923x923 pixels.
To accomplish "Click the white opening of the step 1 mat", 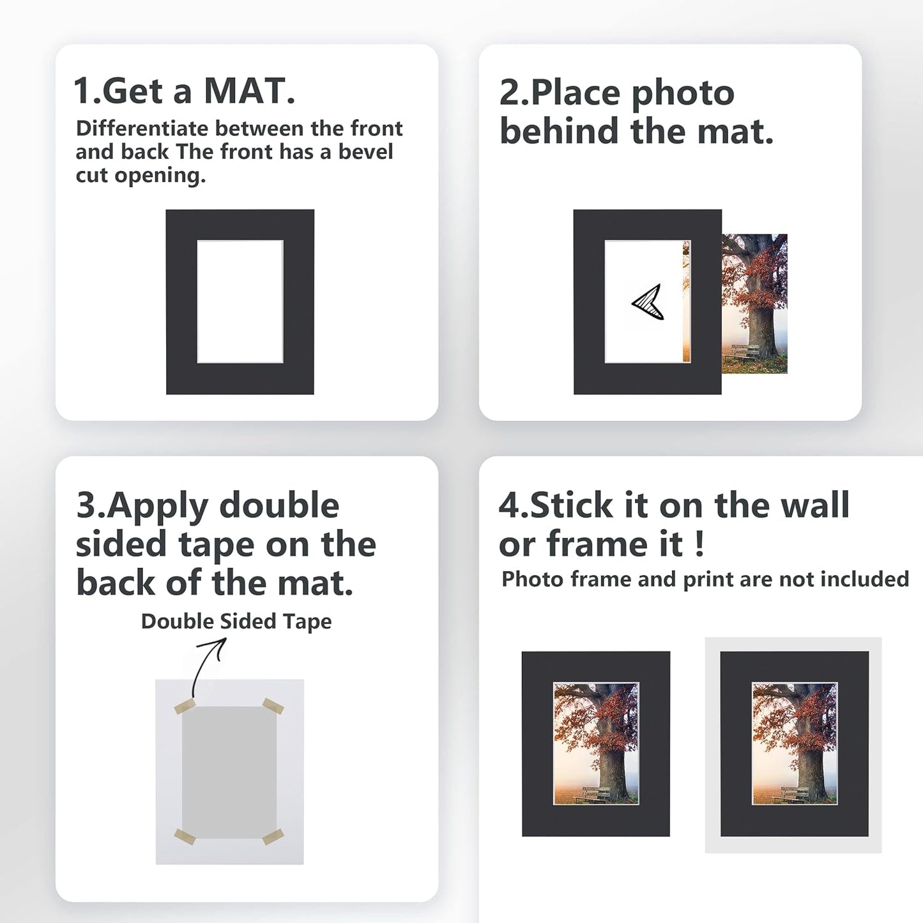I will click(x=240, y=301).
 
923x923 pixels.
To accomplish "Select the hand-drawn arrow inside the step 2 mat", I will click(x=648, y=302).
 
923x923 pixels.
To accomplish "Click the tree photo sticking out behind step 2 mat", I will click(x=754, y=303).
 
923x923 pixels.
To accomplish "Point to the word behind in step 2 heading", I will click(x=559, y=132).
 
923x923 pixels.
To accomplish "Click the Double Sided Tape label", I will click(x=236, y=621).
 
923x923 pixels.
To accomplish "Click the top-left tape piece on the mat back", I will click(x=185, y=706).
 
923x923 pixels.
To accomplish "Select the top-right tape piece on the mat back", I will click(x=273, y=706).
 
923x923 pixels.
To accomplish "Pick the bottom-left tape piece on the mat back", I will click(x=185, y=837).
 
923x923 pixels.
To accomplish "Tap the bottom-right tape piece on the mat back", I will click(x=273, y=836).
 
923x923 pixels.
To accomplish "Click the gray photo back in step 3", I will click(x=229, y=772).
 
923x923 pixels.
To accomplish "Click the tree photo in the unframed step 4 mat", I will click(x=595, y=743).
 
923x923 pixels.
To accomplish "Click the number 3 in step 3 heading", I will click(x=85, y=505).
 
